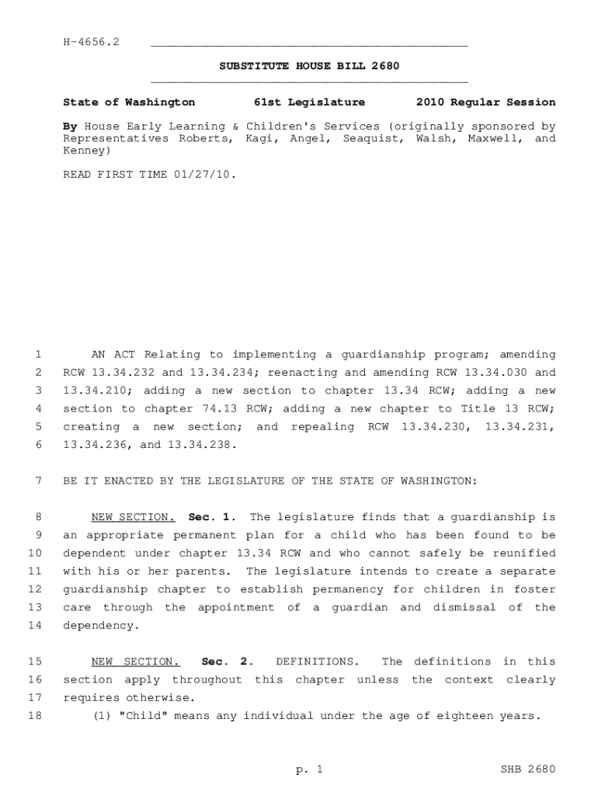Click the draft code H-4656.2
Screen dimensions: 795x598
pos(91,41)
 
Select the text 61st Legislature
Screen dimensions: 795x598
pos(309,102)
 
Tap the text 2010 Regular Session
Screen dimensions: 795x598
pos(485,102)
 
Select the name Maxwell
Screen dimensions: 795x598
pos(492,139)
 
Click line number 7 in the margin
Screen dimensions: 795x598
pos(38,481)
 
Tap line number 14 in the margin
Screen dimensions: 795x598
pos(35,625)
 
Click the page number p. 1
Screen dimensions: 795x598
pos(308,769)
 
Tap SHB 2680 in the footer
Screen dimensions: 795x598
pos(529,769)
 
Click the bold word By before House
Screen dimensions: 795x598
pos(69,127)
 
